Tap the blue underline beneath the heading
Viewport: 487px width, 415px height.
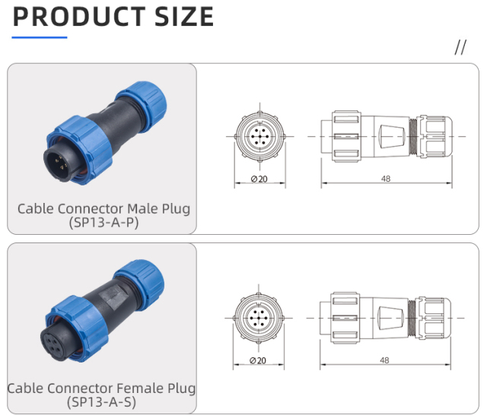40,36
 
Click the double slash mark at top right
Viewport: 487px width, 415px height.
460,48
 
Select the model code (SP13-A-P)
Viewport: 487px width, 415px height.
103,222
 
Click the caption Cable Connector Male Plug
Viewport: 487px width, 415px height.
103,207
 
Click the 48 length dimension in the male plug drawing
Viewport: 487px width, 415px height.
386,179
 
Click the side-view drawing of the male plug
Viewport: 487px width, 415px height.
386,136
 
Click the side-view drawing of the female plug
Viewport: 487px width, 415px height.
386,315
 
